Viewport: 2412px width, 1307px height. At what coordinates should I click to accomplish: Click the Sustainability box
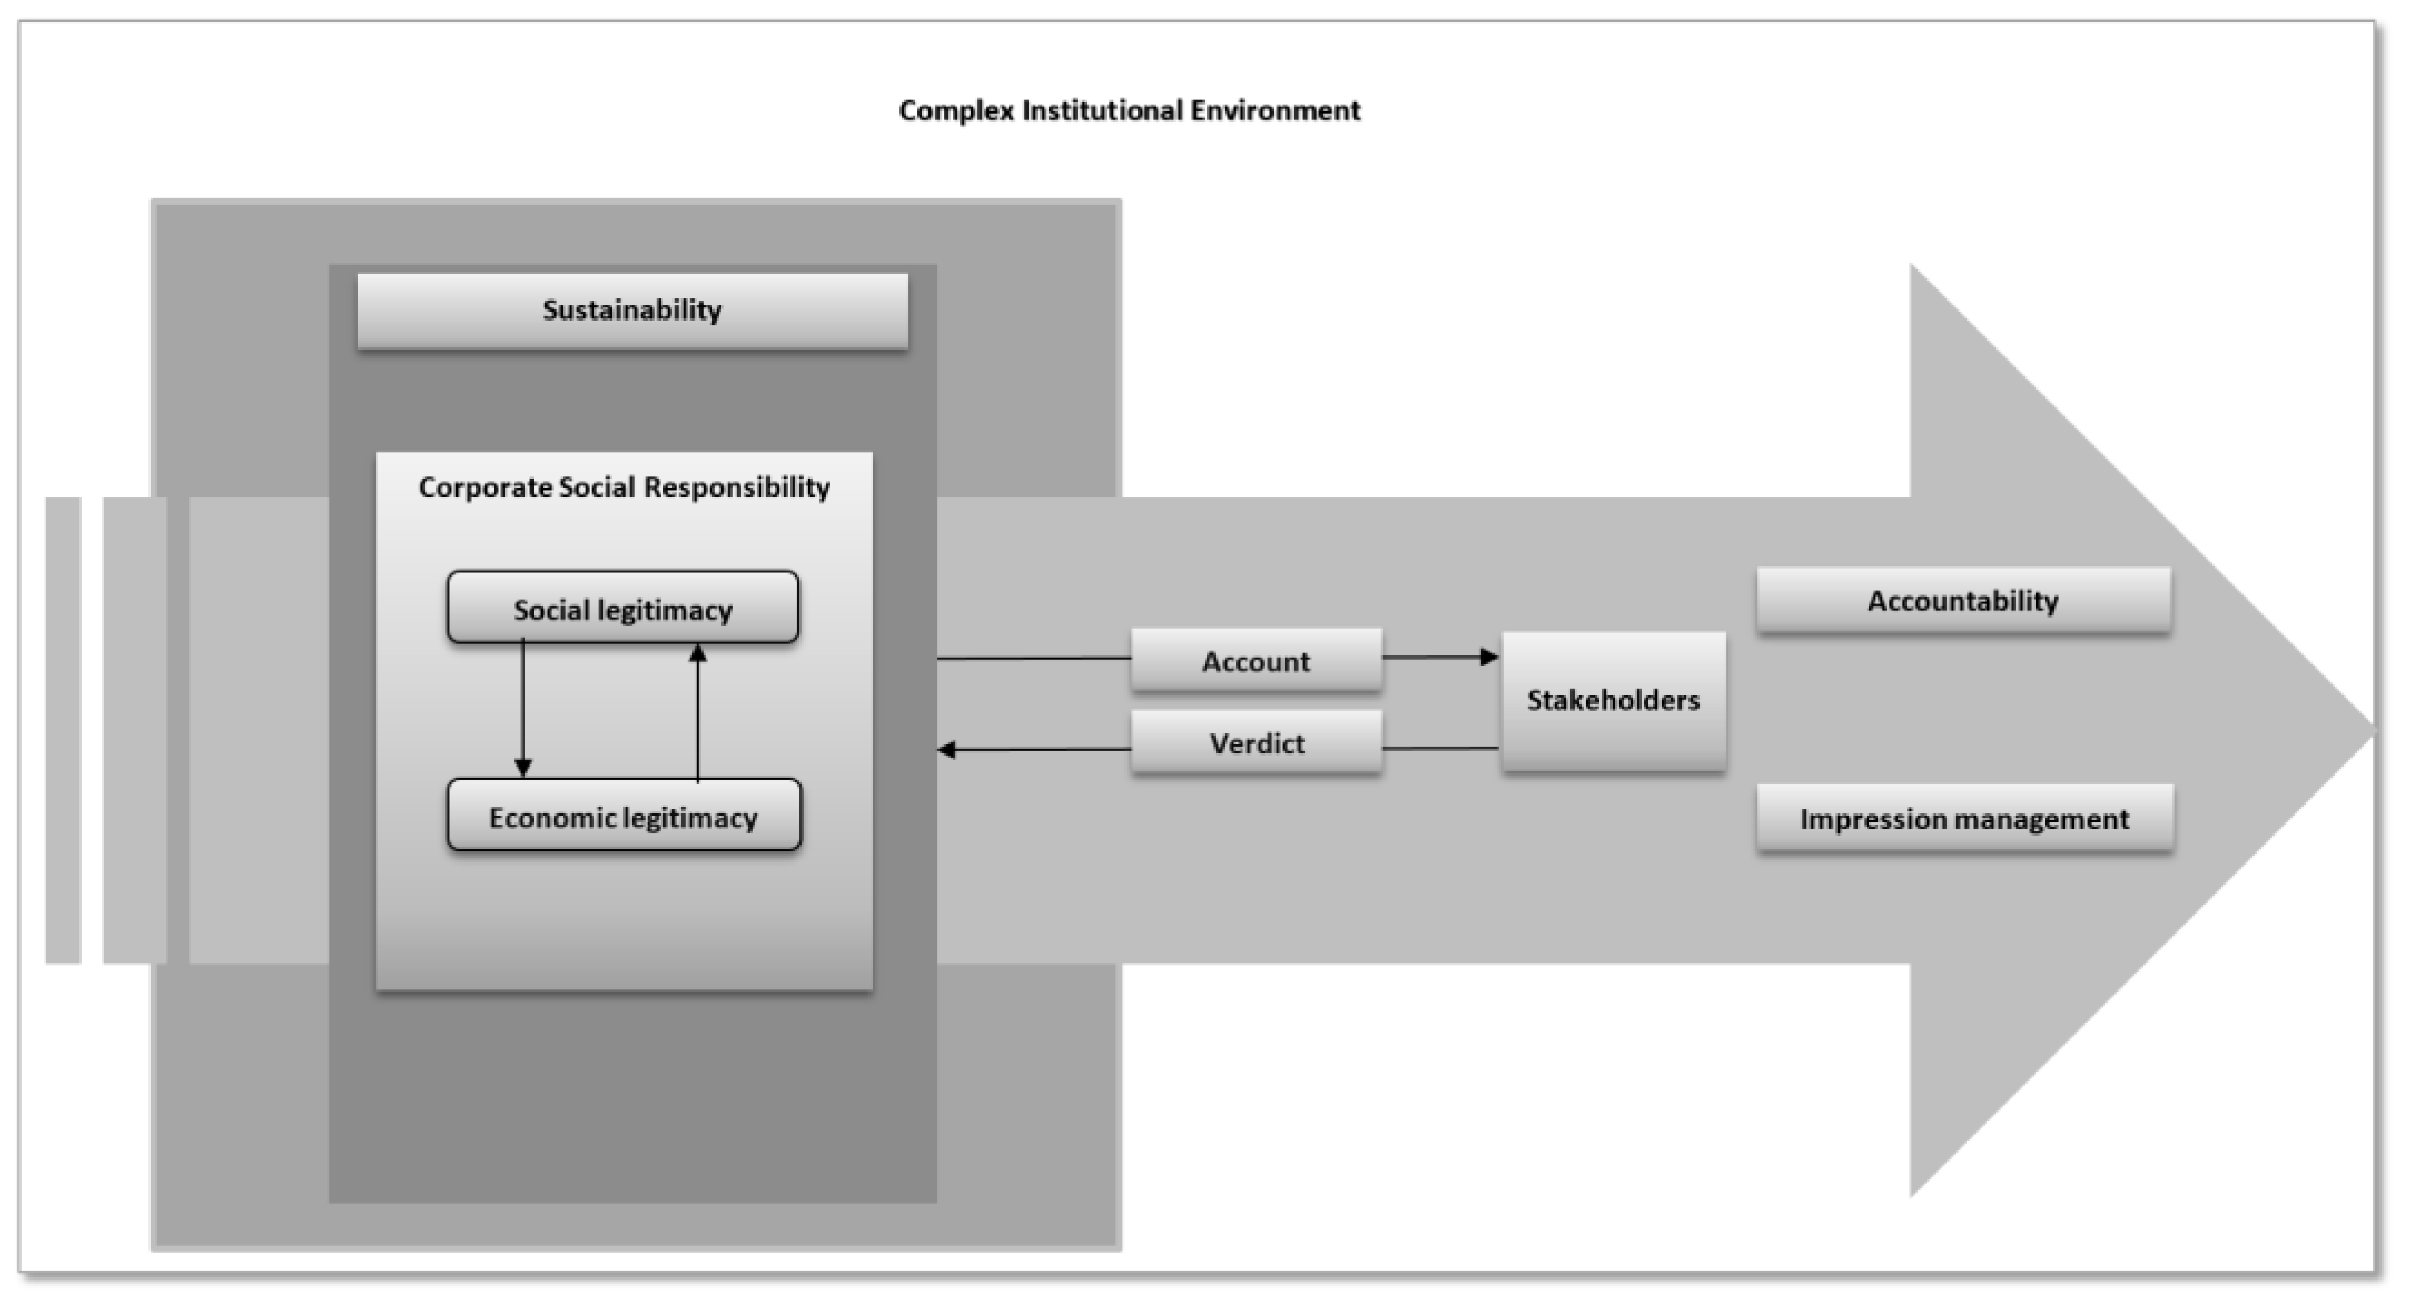[x=632, y=311]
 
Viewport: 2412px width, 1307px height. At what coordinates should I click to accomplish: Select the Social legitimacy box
[x=623, y=609]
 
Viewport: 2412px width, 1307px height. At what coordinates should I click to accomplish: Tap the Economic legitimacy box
[x=623, y=816]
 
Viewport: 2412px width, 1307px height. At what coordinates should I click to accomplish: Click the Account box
[x=1256, y=661]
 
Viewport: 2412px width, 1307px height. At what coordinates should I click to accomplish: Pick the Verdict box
[x=1256, y=742]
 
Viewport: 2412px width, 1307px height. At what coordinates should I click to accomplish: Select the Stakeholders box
[x=1613, y=701]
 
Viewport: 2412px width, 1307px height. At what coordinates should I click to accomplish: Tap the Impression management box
[x=1964, y=819]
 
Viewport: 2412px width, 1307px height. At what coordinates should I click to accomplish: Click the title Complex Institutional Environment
[x=1130, y=111]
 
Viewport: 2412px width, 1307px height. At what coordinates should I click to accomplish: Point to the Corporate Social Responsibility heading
[x=623, y=487]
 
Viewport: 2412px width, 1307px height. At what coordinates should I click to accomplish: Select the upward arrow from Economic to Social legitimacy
[x=698, y=712]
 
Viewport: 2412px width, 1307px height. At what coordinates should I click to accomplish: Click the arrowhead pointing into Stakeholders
[x=1489, y=658]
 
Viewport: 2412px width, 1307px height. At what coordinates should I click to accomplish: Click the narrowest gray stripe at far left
[x=63, y=730]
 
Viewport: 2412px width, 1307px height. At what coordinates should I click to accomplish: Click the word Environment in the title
[x=1274, y=111]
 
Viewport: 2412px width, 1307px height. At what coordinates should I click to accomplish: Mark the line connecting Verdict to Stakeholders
[x=1440, y=748]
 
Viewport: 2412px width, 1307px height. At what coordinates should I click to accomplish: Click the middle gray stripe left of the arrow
[x=135, y=730]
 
